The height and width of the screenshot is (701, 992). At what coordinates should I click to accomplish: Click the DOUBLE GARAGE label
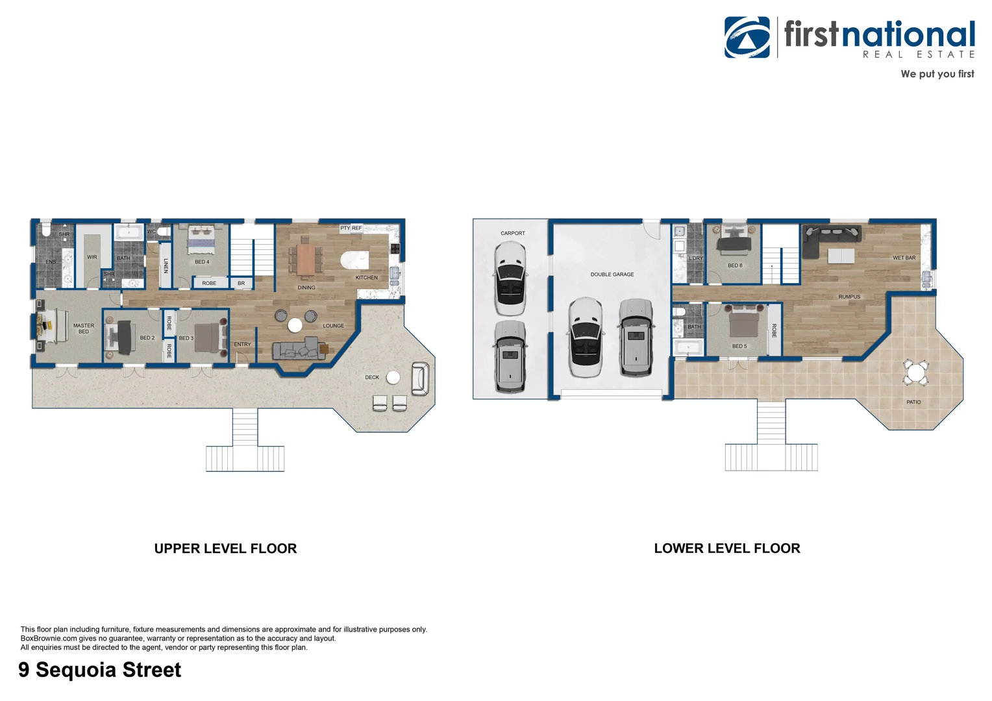tap(612, 275)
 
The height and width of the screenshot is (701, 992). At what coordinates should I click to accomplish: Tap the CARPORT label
tap(513, 233)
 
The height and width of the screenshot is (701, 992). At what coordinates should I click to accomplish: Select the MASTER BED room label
tap(84, 328)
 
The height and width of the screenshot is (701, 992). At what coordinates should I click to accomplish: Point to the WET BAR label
tap(904, 258)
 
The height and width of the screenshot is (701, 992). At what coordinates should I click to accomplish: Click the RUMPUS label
tap(849, 297)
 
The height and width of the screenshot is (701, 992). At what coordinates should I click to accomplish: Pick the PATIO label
tap(913, 402)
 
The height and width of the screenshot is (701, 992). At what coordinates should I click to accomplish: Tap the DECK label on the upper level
tap(372, 377)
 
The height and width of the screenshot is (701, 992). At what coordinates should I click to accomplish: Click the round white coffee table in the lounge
tap(295, 325)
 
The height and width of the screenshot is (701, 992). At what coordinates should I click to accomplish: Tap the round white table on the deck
tap(393, 378)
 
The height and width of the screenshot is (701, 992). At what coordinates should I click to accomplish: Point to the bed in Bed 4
tap(202, 240)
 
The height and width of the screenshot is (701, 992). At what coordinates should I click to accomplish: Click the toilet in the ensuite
tap(47, 229)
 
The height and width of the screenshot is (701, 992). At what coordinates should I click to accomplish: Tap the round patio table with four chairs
tap(916, 373)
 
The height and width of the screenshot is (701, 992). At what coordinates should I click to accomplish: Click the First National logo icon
tap(747, 37)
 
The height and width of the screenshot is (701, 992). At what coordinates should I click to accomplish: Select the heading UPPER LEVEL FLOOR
tap(225, 548)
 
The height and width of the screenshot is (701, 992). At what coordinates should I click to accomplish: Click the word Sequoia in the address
tap(77, 670)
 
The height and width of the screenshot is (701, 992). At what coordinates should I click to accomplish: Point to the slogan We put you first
tap(937, 74)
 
